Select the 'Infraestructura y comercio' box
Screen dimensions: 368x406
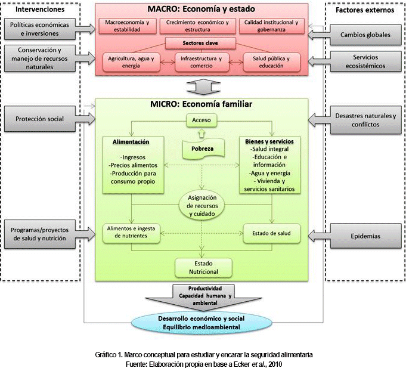202,62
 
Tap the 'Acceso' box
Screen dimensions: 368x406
202,120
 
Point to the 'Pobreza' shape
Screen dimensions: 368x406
202,148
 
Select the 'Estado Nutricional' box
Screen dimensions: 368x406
202,267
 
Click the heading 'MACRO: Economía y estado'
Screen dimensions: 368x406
203,9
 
